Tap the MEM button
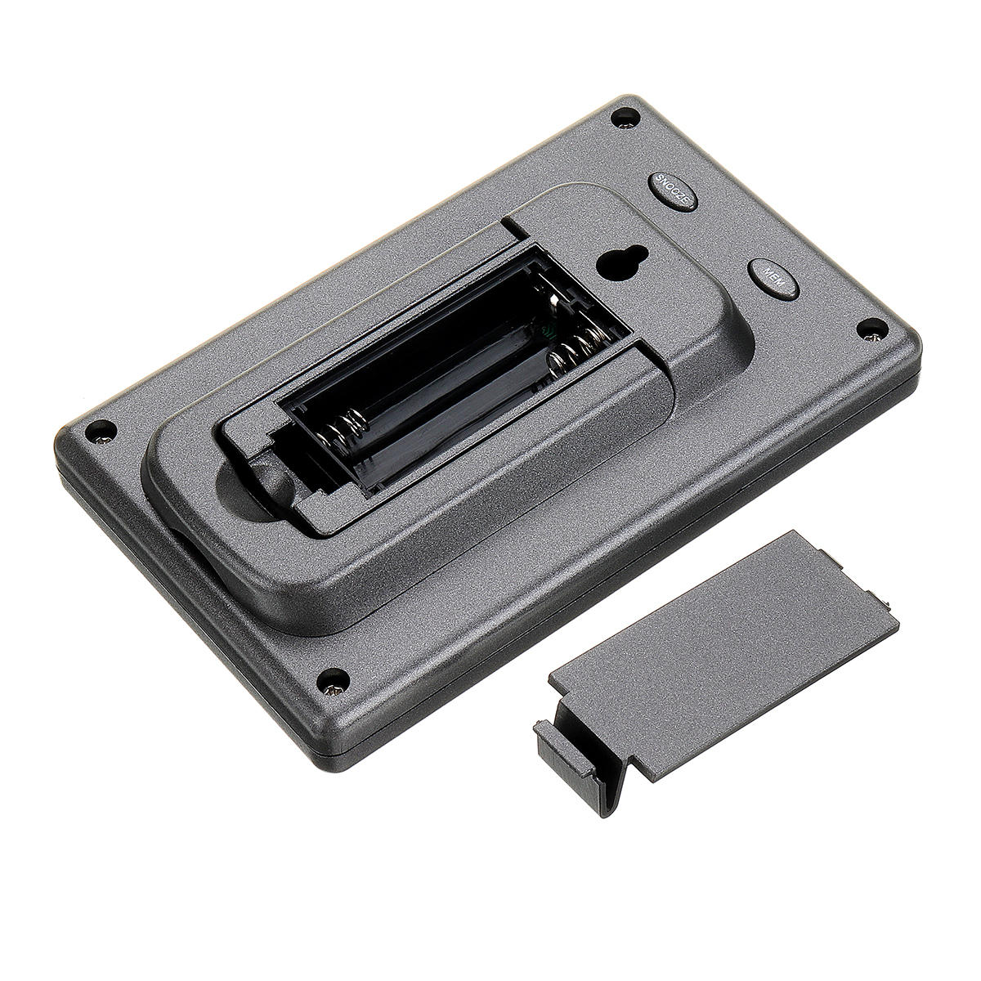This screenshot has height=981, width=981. pos(773,279)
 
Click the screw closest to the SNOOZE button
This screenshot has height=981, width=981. pos(625,118)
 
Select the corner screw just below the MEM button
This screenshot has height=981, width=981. pos(873,330)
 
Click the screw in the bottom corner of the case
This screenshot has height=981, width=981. pos(333,681)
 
